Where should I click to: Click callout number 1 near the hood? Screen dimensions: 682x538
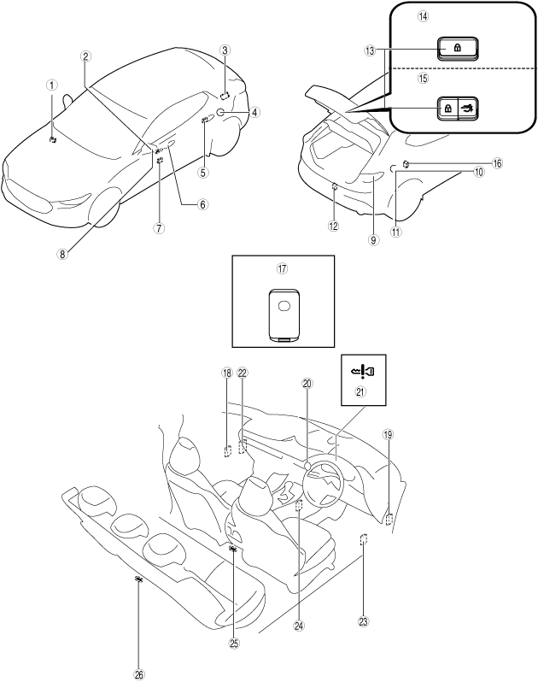(x=52, y=85)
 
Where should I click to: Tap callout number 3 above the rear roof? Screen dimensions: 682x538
(x=223, y=50)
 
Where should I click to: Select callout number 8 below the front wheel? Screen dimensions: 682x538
(x=63, y=253)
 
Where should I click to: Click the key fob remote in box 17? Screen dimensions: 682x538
(x=282, y=314)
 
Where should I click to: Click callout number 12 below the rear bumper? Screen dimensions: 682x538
(x=333, y=226)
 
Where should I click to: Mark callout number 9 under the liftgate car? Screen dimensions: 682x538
(x=372, y=240)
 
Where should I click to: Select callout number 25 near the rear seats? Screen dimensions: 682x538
(x=234, y=643)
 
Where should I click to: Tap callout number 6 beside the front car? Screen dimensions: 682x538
(x=202, y=204)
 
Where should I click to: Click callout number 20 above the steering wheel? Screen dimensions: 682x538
(x=307, y=384)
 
